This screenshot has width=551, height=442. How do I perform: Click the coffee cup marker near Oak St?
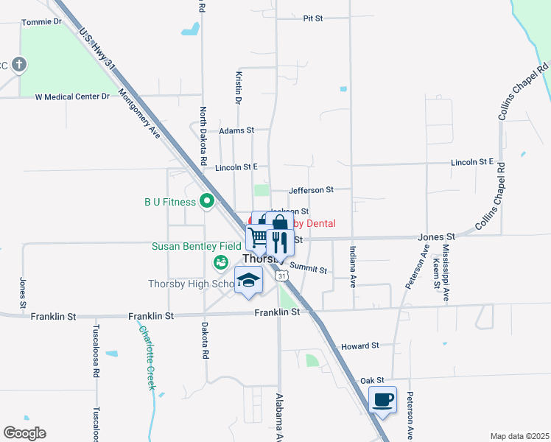382,400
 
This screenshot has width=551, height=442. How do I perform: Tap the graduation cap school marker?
248,281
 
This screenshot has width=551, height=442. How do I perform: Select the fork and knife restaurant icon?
278,240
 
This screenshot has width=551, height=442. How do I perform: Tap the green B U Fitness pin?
207,200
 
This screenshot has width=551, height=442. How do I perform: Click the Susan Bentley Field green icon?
220,262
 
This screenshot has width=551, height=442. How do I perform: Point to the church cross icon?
19,65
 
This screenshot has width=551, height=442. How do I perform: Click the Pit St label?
313,18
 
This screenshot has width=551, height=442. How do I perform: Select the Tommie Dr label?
41,22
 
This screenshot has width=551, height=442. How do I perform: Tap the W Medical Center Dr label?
72,97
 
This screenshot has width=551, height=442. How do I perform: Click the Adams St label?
236,130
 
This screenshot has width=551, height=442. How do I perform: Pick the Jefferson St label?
311,189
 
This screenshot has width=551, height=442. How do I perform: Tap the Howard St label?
359,345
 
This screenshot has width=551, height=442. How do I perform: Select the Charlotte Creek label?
147,358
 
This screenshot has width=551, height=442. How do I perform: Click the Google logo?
24,433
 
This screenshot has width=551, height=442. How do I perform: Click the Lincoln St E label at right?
472,161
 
